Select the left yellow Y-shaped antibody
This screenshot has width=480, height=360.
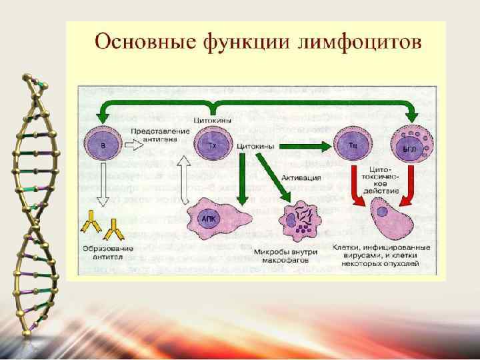tap(91, 225)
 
